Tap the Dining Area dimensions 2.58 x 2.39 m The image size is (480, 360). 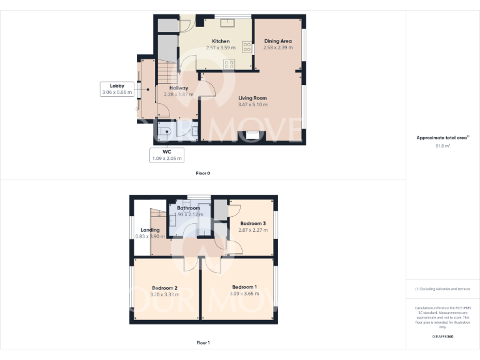point(277,47)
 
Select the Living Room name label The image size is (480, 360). point(252,98)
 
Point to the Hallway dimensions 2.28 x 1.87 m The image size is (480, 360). point(179,94)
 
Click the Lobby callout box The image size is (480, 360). point(117,89)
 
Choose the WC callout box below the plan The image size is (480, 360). point(167,155)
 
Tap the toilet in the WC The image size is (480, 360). point(165,132)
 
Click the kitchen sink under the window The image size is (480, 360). point(227,24)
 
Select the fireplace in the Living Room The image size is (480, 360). point(253,135)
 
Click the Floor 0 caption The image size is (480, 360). point(202,173)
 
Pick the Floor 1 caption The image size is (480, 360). point(202,342)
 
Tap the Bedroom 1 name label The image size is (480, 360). point(243,287)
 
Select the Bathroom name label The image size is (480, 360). point(188,208)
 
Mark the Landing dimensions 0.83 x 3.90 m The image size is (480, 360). point(150,237)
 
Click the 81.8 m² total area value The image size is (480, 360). point(442,146)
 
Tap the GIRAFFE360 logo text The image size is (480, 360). point(442,337)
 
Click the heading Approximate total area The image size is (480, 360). point(442,137)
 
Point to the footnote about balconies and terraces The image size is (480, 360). point(442,289)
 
